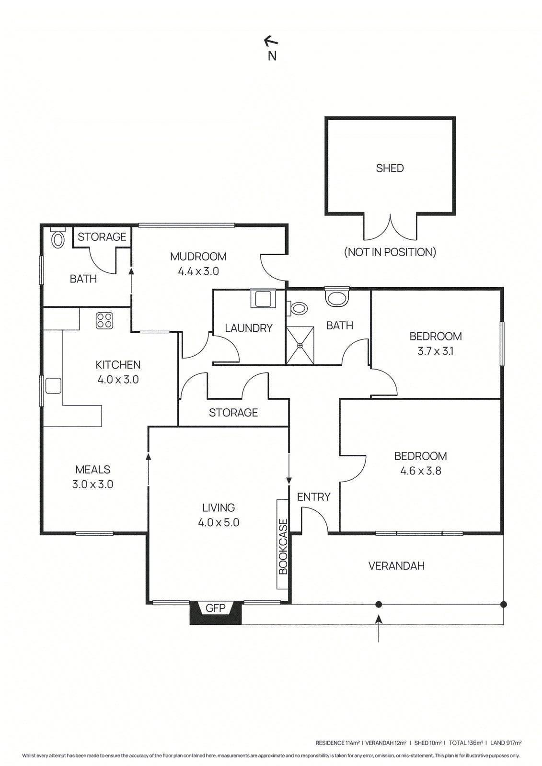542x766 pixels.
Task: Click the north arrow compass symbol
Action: coord(271,42)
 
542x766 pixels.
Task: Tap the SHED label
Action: coord(390,168)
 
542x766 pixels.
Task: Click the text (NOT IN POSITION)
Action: coord(390,252)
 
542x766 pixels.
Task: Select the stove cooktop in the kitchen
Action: coord(104,320)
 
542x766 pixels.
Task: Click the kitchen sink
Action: coord(53,385)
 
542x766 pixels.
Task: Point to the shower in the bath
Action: coord(300,345)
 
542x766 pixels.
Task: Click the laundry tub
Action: coord(262,298)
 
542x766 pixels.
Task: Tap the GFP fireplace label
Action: coord(215,608)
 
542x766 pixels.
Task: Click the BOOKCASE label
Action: coord(283,546)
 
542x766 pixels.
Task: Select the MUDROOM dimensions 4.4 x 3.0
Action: coord(198,271)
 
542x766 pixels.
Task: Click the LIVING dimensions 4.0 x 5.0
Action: coord(219,522)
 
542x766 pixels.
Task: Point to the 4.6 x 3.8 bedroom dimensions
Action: coord(420,471)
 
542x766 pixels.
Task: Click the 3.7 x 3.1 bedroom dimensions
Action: coord(435,351)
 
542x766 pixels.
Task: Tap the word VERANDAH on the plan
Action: coord(396,566)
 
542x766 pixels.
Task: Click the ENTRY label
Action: coord(313,497)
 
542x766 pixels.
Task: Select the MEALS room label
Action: coord(92,470)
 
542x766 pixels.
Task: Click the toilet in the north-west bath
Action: coord(58,238)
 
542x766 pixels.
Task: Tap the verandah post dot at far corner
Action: coord(503,604)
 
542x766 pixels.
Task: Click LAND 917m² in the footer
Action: coord(506,743)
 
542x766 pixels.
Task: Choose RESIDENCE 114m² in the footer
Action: coord(337,743)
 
